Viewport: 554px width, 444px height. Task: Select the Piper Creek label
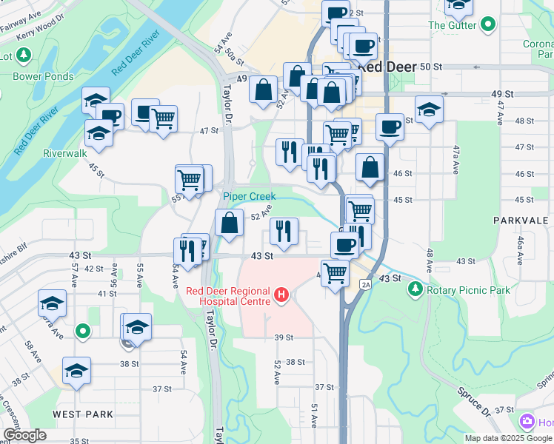[x=250, y=196]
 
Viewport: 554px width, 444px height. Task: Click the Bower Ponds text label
[x=43, y=76]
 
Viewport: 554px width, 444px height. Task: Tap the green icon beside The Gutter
[x=487, y=25]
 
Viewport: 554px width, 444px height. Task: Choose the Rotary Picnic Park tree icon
[x=416, y=289]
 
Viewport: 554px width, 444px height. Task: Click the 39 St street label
[x=284, y=337]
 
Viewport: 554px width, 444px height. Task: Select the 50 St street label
[x=430, y=66]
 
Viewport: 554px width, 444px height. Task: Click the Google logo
[x=24, y=435]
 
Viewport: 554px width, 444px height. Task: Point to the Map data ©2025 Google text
[x=508, y=438]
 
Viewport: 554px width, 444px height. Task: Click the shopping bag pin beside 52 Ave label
[x=230, y=223]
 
